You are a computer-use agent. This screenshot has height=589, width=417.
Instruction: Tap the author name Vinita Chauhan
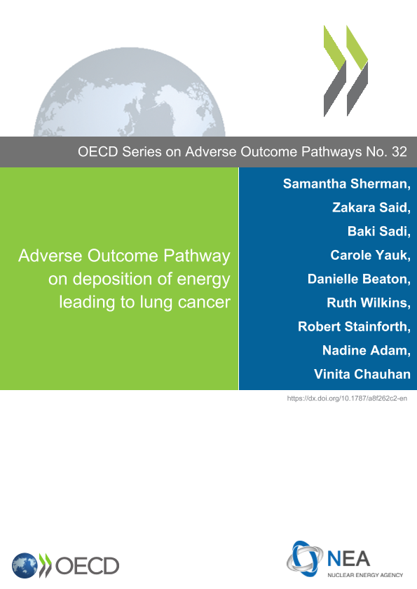(x=362, y=374)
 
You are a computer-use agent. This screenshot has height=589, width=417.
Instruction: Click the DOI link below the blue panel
(x=347, y=399)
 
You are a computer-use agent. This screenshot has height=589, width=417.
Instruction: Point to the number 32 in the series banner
(x=399, y=152)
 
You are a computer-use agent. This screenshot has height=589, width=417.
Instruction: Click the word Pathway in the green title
(x=197, y=256)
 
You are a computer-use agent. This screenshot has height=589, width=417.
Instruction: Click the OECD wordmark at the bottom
(x=87, y=566)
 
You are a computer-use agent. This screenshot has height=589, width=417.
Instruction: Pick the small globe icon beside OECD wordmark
(x=25, y=566)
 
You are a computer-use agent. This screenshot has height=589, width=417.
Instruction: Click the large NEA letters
(x=348, y=559)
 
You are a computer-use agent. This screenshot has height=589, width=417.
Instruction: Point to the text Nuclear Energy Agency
(x=365, y=575)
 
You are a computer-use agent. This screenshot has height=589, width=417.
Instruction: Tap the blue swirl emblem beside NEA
(x=305, y=559)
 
